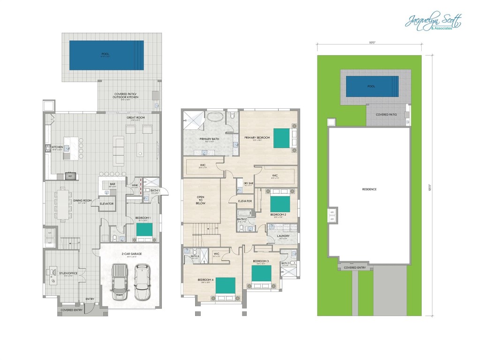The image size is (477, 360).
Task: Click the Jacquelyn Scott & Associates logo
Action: click(x=433, y=22)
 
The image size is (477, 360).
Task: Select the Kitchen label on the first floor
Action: click(x=57, y=146)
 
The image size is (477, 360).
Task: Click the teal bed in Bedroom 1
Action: click(x=144, y=230)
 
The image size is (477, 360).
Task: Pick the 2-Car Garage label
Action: click(x=128, y=253)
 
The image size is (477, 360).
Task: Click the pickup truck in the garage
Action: click(x=119, y=281)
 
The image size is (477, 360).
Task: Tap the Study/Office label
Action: click(x=66, y=272)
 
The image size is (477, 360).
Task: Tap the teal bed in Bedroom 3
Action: click(x=261, y=273)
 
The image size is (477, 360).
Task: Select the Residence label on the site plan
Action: click(x=369, y=189)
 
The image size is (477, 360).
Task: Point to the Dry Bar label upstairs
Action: click(x=248, y=183)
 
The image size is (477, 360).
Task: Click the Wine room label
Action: click(x=135, y=185)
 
